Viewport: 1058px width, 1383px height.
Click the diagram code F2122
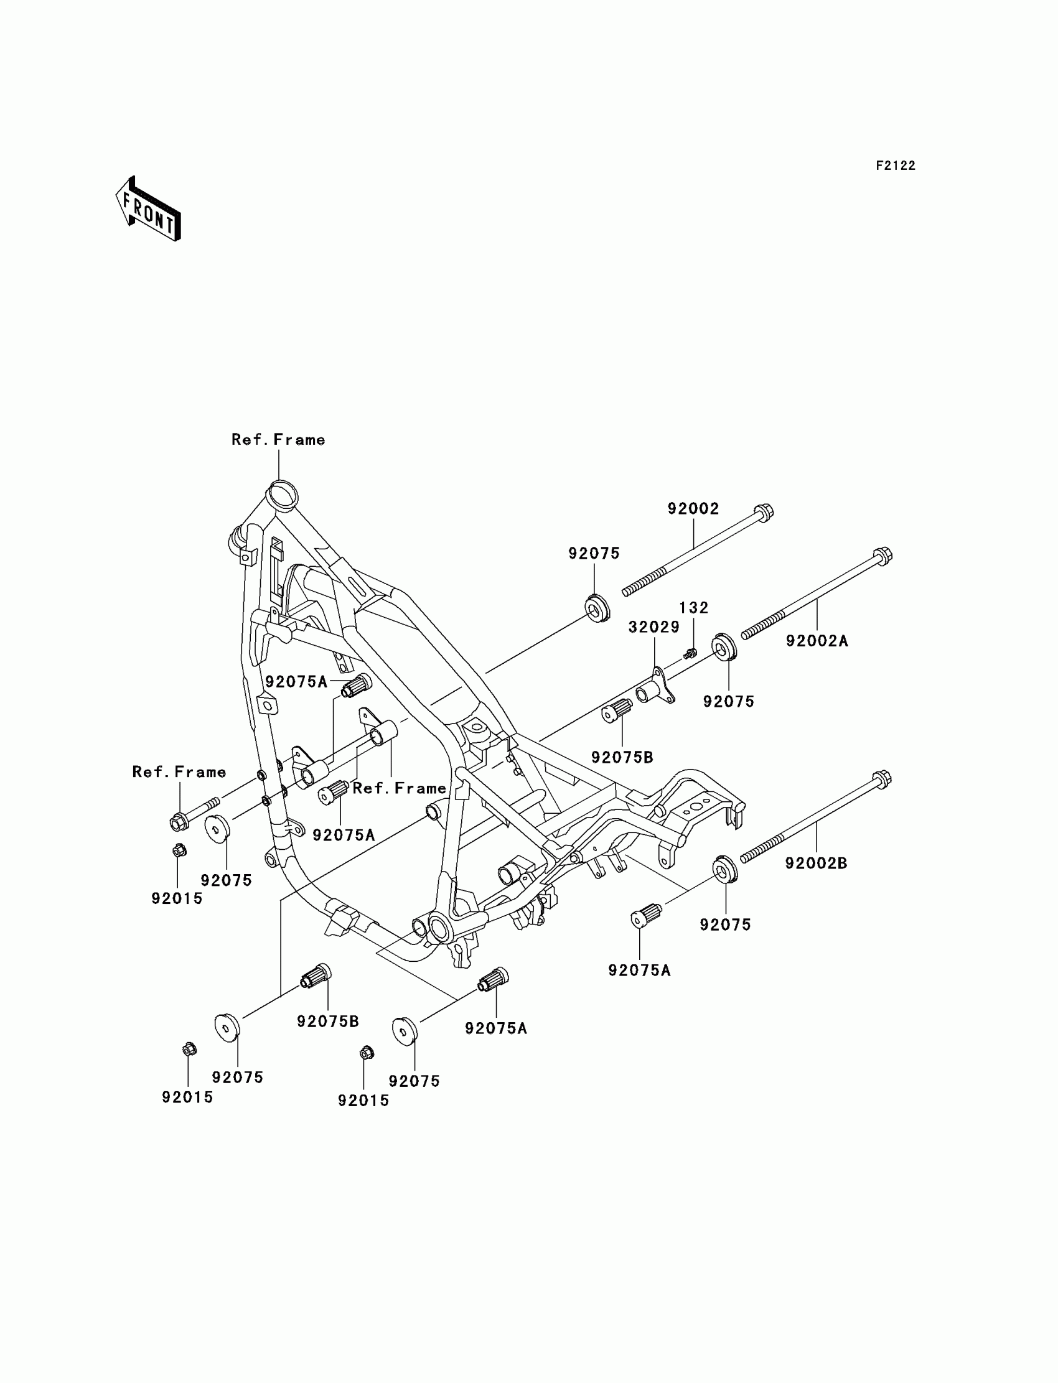tap(896, 166)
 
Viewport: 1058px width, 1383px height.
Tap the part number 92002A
tap(817, 641)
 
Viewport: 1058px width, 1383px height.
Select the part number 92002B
tap(816, 864)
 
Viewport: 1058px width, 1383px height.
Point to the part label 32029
tap(653, 627)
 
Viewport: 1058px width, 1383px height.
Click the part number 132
tap(693, 608)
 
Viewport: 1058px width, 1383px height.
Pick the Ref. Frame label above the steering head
tap(278, 440)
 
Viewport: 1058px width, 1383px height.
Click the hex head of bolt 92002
tap(764, 513)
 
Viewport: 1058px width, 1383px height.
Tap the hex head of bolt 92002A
tap(883, 556)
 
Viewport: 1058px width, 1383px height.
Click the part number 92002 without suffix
tap(693, 509)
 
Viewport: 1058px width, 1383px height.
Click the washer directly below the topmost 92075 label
tap(597, 607)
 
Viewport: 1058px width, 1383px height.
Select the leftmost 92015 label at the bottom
tap(188, 1097)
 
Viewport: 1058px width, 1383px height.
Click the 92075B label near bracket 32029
tap(622, 758)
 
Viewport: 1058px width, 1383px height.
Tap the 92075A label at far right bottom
tap(639, 971)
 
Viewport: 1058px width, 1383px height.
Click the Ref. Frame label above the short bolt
tap(179, 773)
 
